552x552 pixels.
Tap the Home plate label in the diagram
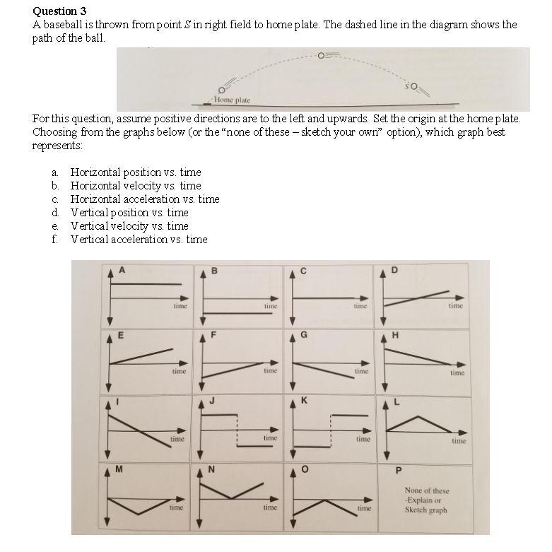coord(232,100)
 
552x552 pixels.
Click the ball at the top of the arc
coord(322,54)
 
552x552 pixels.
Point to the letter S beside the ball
coord(409,86)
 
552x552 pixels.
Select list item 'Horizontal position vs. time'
coord(135,172)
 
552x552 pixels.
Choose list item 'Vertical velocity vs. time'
coord(129,226)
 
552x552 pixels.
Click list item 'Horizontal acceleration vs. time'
coord(144,199)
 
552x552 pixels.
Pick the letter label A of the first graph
coord(122,269)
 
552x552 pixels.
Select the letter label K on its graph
coord(304,401)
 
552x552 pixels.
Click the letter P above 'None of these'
coord(398,471)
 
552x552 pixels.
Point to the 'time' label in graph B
coord(270,306)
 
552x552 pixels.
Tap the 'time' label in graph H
coord(457,372)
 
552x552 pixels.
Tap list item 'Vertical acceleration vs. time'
coord(139,240)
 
